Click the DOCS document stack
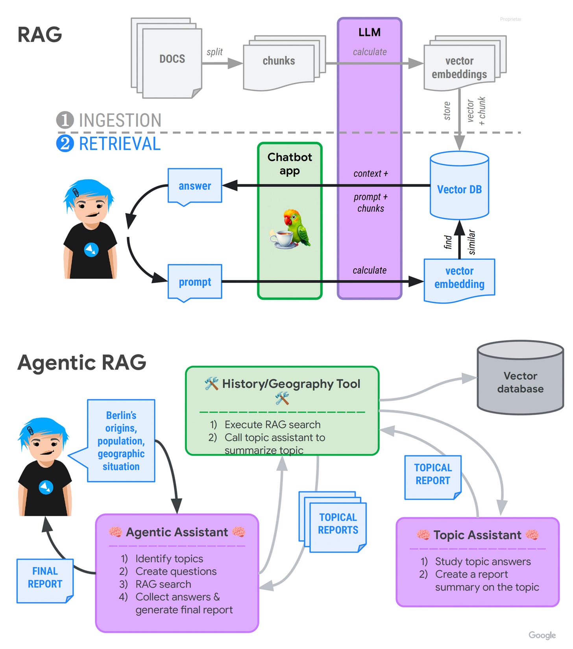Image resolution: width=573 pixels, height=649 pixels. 166,58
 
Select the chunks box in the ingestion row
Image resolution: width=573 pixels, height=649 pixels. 284,63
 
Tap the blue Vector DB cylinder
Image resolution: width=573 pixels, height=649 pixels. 459,185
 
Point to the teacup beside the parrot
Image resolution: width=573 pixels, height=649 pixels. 282,239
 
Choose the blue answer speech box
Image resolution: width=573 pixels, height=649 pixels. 195,187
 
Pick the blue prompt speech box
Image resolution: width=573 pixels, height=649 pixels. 195,283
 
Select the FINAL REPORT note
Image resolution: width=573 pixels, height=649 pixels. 45,581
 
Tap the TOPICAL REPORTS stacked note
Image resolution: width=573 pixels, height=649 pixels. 333,522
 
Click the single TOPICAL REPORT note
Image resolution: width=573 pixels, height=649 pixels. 433,477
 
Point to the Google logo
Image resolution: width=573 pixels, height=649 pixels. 542,635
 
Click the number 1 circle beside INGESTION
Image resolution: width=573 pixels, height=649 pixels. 65,120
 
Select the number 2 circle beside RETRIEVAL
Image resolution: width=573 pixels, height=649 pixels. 65,144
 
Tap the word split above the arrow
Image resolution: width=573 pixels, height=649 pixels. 214,52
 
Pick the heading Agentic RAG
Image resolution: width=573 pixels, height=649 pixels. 82,362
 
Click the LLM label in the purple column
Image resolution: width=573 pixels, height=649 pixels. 370,32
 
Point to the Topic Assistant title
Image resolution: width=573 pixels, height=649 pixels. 477,535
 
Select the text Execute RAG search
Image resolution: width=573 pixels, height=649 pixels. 272,425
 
